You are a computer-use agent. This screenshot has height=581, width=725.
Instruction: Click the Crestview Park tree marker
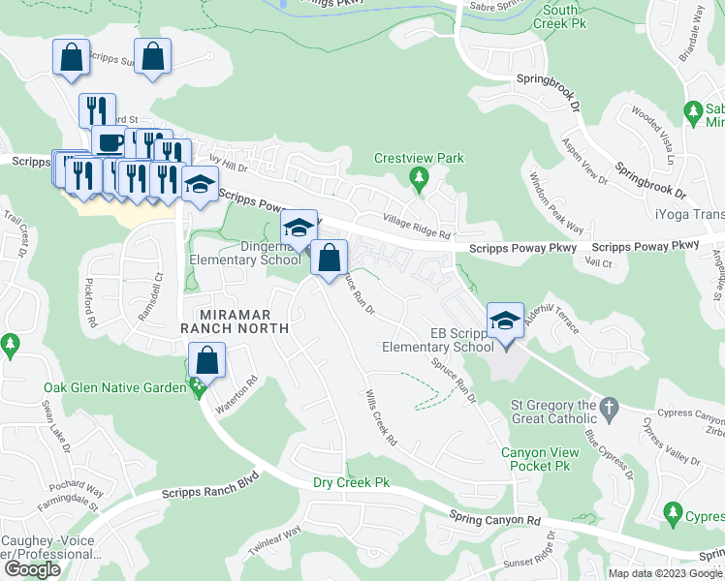point(419,176)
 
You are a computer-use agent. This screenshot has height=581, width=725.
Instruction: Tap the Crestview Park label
point(420,158)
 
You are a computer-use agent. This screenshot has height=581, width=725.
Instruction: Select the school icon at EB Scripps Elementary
point(504,321)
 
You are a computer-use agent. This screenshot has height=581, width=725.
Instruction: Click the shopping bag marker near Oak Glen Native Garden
point(207,362)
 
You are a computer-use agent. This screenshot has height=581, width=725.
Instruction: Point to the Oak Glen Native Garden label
point(114,388)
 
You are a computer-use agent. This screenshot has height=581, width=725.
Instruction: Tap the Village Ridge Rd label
point(417,228)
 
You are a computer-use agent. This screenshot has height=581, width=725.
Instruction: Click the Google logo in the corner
point(32,569)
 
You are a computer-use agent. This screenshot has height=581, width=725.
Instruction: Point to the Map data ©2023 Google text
point(664,573)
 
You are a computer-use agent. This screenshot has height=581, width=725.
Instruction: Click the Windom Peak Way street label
point(556,204)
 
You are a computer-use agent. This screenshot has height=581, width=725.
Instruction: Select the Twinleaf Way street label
point(274,540)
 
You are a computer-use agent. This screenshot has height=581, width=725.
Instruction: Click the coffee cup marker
point(108,143)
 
